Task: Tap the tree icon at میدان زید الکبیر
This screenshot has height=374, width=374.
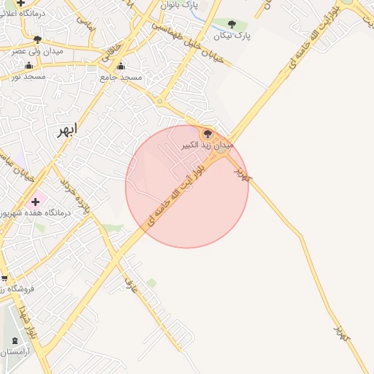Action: tap(207, 134)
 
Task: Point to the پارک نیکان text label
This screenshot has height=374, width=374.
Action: tap(232, 35)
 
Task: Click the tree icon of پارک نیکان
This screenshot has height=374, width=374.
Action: tap(232, 24)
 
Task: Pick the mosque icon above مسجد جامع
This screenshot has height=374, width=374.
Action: tap(121, 66)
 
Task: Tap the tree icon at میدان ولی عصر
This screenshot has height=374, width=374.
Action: tap(37, 39)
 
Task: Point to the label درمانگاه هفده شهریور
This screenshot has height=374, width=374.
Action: tap(37, 213)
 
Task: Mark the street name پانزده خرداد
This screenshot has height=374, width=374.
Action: tap(75, 195)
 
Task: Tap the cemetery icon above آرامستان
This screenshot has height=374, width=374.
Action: tap(16, 341)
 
